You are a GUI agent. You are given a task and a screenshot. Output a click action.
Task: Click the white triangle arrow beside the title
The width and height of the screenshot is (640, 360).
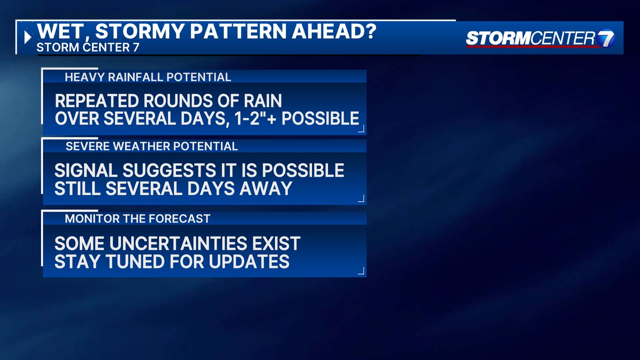(28, 37)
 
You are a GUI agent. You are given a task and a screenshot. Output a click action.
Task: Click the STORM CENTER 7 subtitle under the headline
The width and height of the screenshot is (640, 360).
(88, 48)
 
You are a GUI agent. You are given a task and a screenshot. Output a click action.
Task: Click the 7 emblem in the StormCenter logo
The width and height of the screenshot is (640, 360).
(606, 39)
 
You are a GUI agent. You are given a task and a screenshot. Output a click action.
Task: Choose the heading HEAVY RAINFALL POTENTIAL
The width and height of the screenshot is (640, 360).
(148, 77)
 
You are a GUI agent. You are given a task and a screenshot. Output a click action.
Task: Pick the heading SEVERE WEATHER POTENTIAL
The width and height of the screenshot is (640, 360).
(152, 146)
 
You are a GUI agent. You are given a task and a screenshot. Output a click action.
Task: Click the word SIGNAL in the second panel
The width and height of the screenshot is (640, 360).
(86, 170)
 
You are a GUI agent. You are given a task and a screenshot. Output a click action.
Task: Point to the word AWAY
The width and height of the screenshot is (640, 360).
(266, 188)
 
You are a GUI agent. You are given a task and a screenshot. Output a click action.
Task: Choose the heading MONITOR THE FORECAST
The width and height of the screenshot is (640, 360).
(138, 219)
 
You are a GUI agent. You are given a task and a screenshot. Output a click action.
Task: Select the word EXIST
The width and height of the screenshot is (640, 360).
(276, 244)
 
